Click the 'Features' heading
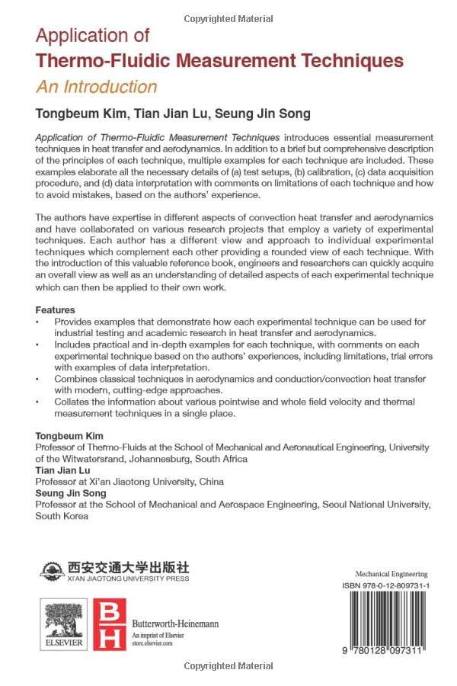tap(56, 310)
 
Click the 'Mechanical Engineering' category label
tap(391, 573)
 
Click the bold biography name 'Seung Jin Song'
tap(70, 493)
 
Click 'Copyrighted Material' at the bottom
tap(228, 666)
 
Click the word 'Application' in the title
tap(93, 36)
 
